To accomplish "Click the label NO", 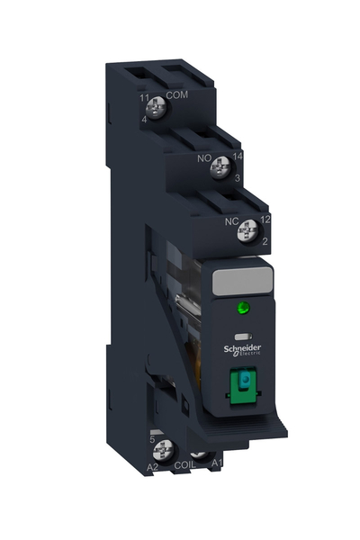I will (203, 154).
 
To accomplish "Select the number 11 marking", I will (144, 96).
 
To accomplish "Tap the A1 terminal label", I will (217, 464).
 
